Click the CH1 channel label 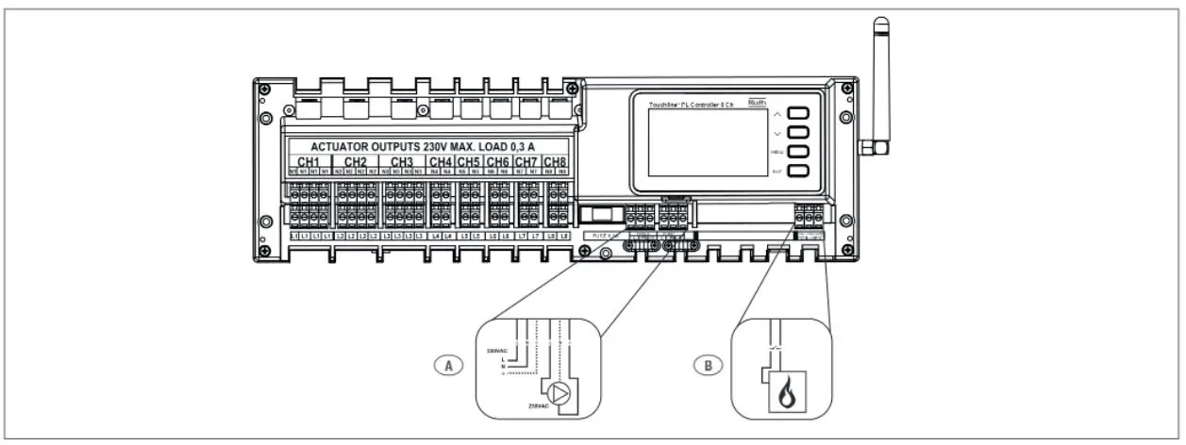[x=309, y=162]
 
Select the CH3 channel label [x=402, y=162]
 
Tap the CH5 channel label [x=470, y=162]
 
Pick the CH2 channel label [x=356, y=162]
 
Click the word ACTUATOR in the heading [x=345, y=146]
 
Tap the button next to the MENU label [x=799, y=151]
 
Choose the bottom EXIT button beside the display [x=799, y=172]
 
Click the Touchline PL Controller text [x=691, y=103]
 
